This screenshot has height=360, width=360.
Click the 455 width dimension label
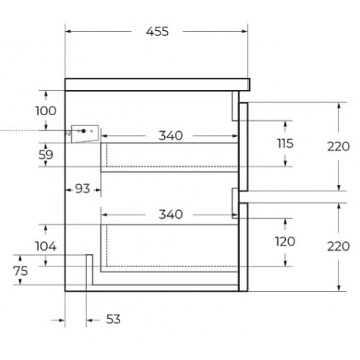(x=157, y=32)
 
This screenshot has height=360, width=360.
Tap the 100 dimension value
(x=45, y=111)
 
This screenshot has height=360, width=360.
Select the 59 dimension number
(x=45, y=155)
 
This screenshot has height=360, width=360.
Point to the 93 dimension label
(x=82, y=189)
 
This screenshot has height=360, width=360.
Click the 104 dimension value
(x=46, y=246)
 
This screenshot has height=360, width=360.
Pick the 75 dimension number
(x=21, y=271)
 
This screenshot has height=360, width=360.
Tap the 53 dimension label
(x=113, y=319)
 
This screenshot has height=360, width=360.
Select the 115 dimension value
(x=285, y=143)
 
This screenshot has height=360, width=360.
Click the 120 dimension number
(x=285, y=241)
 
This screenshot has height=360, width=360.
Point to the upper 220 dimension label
(x=338, y=146)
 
